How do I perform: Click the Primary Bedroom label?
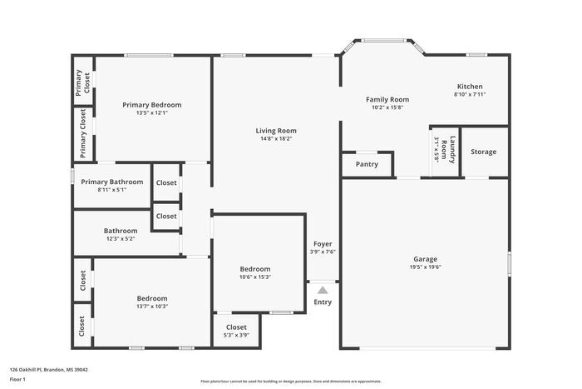[151, 105]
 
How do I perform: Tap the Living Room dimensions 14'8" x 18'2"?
[275, 138]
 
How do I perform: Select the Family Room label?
[387, 99]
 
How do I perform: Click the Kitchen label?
[469, 87]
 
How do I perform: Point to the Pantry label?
[367, 164]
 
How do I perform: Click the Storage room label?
[483, 152]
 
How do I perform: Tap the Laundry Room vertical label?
[448, 151]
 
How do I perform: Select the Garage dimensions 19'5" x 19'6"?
[425, 267]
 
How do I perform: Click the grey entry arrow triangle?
[323, 289]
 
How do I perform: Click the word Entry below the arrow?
[323, 302]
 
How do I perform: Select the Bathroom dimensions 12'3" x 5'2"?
[120, 239]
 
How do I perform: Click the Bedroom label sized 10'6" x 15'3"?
[255, 269]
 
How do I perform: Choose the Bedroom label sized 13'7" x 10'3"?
[152, 298]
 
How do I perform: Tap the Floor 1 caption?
[17, 380]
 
